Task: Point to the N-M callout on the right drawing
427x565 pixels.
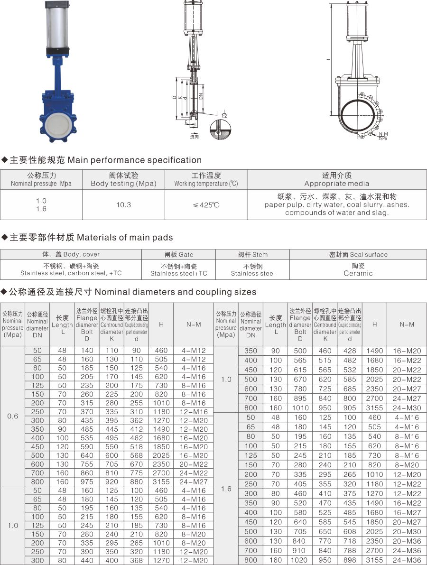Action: pos(383,134)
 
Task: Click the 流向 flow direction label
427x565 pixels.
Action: pos(195,137)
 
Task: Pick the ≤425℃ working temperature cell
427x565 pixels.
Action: pos(206,205)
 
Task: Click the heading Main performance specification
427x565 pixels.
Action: pos(135,160)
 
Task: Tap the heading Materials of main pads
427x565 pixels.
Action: pos(125,237)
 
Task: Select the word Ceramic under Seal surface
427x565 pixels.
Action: pos(358,273)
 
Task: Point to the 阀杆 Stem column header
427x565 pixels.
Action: pos(253,254)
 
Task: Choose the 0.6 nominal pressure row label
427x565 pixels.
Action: pos(13,416)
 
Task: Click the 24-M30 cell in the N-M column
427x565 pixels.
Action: pos(407,408)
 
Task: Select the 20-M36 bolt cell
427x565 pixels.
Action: pos(407,541)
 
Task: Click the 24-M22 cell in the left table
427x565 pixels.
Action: pos(194,473)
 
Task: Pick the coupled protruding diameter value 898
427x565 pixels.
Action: pos(350,560)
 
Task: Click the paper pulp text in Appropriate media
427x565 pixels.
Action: pos(280,205)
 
